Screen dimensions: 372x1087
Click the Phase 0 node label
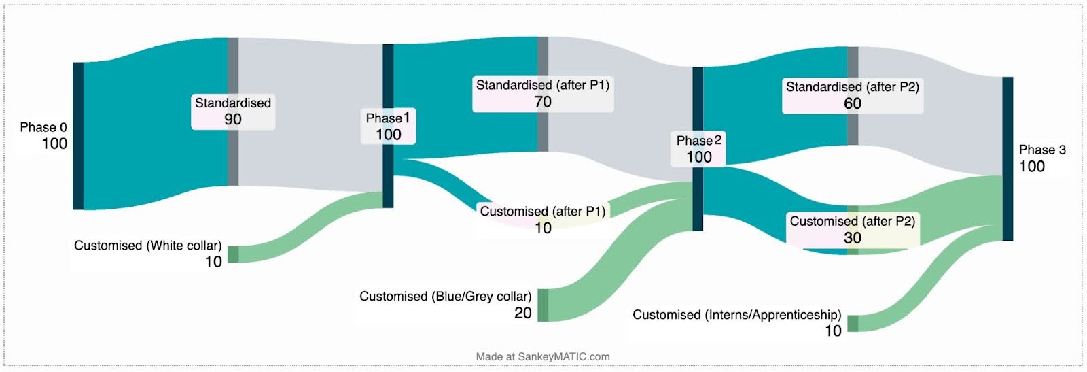click(x=44, y=135)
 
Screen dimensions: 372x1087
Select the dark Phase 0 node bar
click(x=78, y=136)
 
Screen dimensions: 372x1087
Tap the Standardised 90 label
click(x=233, y=111)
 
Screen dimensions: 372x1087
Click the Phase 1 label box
click(x=388, y=126)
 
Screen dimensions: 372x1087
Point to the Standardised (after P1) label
click(x=543, y=94)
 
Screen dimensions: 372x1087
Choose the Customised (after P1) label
click(x=542, y=219)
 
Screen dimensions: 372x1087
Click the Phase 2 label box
click(x=698, y=149)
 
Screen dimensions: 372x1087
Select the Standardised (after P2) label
click(x=852, y=95)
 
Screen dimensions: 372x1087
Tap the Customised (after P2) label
click(x=853, y=229)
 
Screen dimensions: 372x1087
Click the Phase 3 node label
click(x=1041, y=158)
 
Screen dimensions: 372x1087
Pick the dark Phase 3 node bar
click(x=1008, y=158)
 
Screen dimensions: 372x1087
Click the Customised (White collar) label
click(x=148, y=253)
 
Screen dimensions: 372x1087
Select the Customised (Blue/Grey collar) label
click(x=446, y=304)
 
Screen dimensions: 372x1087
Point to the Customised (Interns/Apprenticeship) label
click(x=737, y=322)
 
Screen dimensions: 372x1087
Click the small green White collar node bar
click(x=233, y=254)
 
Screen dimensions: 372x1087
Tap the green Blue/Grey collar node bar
click(x=543, y=305)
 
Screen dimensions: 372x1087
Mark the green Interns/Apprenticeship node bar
click(x=853, y=324)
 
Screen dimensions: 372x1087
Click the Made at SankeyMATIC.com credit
click(x=543, y=356)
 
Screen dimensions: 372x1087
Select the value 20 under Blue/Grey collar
click(x=522, y=313)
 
